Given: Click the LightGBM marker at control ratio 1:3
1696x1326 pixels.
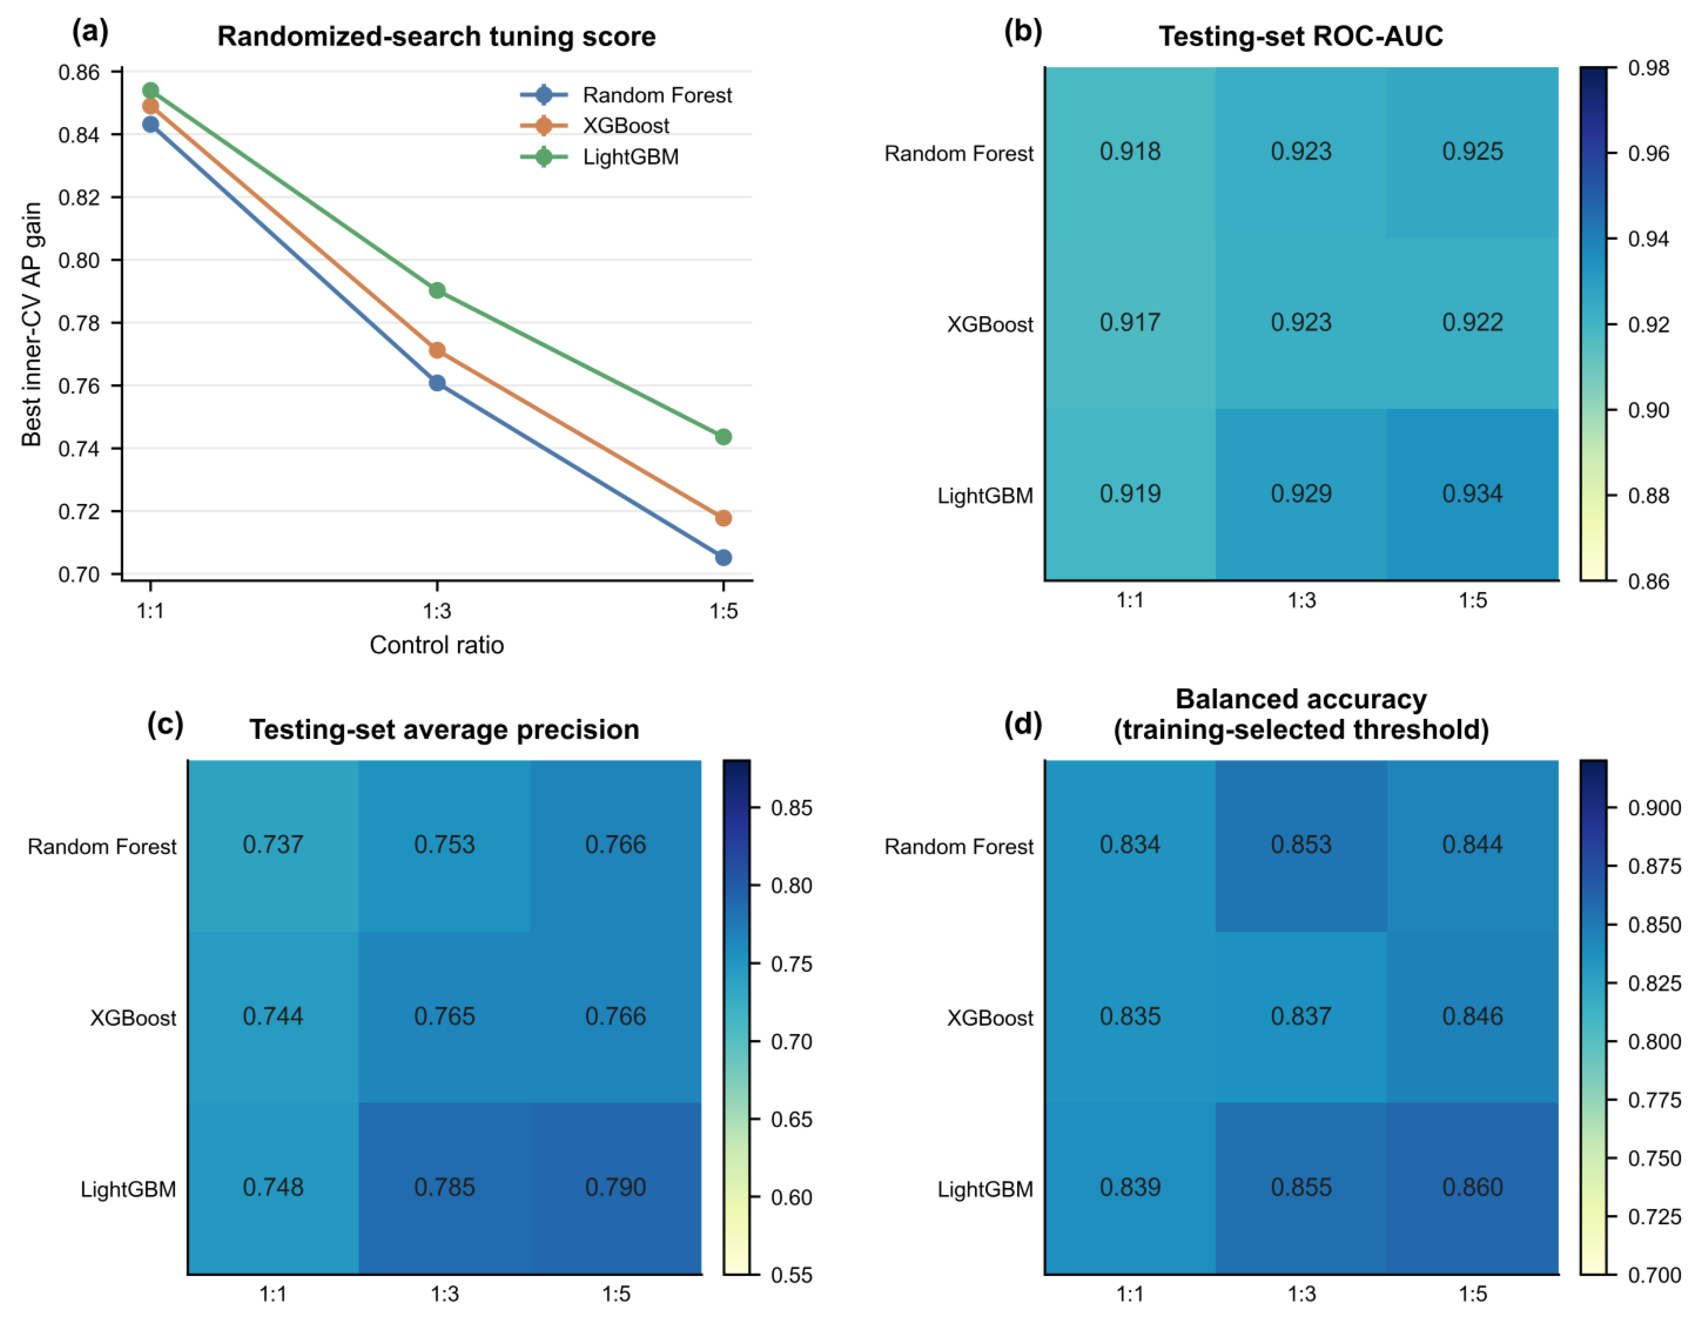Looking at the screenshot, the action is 437,290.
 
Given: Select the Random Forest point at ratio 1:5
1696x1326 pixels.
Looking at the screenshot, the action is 723,557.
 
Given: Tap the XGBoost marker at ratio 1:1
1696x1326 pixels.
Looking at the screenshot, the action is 151,106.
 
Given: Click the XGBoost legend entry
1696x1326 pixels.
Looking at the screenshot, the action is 595,126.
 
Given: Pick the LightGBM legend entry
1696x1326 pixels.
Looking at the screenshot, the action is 600,157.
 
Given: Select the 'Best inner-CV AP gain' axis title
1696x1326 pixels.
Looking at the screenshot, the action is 31,325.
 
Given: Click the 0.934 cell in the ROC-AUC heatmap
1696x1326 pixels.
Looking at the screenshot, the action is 1472,494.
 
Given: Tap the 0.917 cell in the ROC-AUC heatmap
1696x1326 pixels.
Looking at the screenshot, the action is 1130,323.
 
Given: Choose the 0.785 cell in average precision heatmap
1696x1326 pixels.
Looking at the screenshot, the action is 444,1188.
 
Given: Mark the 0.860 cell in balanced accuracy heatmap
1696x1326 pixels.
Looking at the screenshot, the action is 1472,1188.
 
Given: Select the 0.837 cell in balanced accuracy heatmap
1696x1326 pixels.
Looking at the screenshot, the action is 1301,1017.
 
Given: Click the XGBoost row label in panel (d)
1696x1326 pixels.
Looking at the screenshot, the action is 990,1018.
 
